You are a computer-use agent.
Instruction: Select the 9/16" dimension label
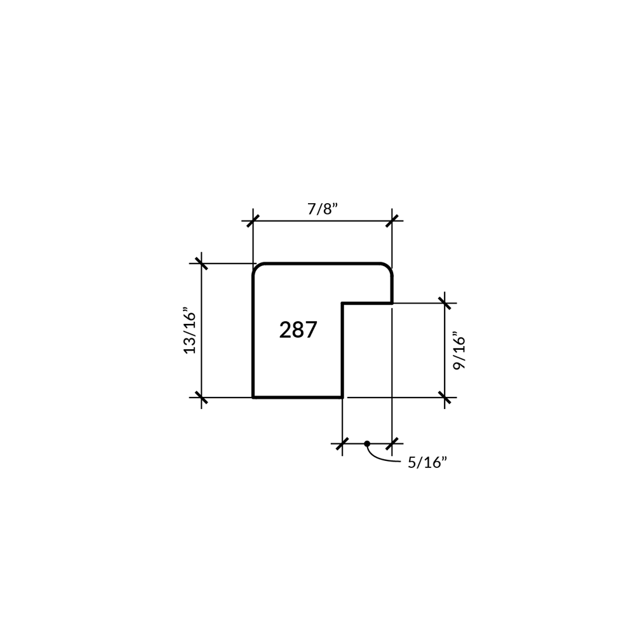(459, 351)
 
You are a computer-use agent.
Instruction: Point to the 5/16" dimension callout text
(427, 462)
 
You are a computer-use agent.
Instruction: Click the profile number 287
(298, 330)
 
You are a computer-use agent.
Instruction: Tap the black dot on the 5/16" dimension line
(367, 443)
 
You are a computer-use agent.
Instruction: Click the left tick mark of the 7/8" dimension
(253, 221)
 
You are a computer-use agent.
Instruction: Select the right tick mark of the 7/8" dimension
(392, 221)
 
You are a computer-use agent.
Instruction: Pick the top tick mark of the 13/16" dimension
(201, 264)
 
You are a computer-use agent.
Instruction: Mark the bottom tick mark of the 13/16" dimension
(201, 398)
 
